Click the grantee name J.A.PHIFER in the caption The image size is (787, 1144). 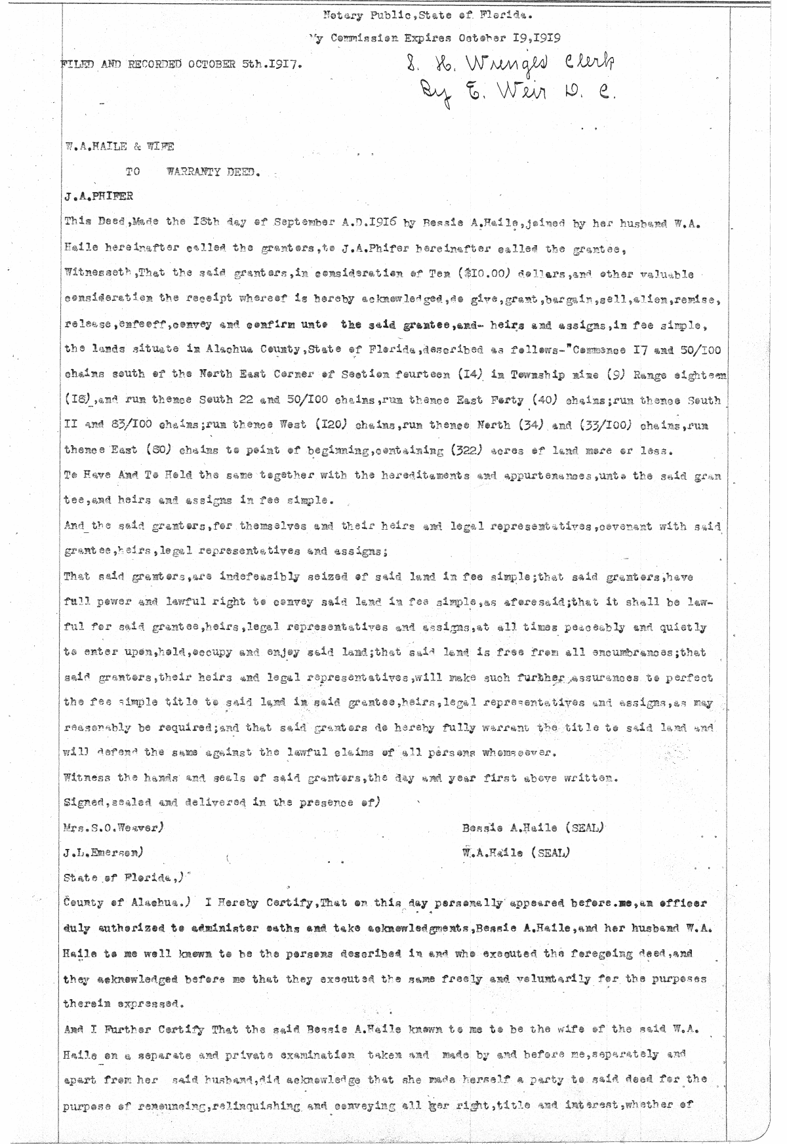click(93, 196)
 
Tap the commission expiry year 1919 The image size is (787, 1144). click(544, 38)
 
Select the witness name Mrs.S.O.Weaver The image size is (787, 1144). click(113, 827)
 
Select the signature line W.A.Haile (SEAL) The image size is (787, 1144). click(515, 852)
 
